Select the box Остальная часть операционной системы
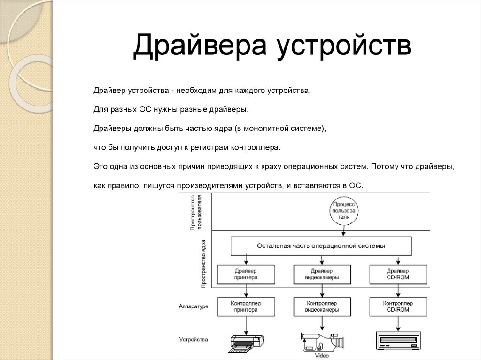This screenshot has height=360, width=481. coord(321,245)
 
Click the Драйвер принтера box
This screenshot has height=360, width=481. coord(245,274)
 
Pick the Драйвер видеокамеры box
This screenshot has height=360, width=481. coord(322,274)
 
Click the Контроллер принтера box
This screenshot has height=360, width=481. coord(245,306)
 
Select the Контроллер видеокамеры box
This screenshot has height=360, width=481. coord(322,306)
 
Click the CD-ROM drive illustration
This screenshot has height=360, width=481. coord(398,340)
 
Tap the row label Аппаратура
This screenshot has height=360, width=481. coord(194,306)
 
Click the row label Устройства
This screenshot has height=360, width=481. coord(194,339)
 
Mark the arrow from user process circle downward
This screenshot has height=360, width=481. coord(344,231)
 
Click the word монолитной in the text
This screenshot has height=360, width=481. coord(266,128)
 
